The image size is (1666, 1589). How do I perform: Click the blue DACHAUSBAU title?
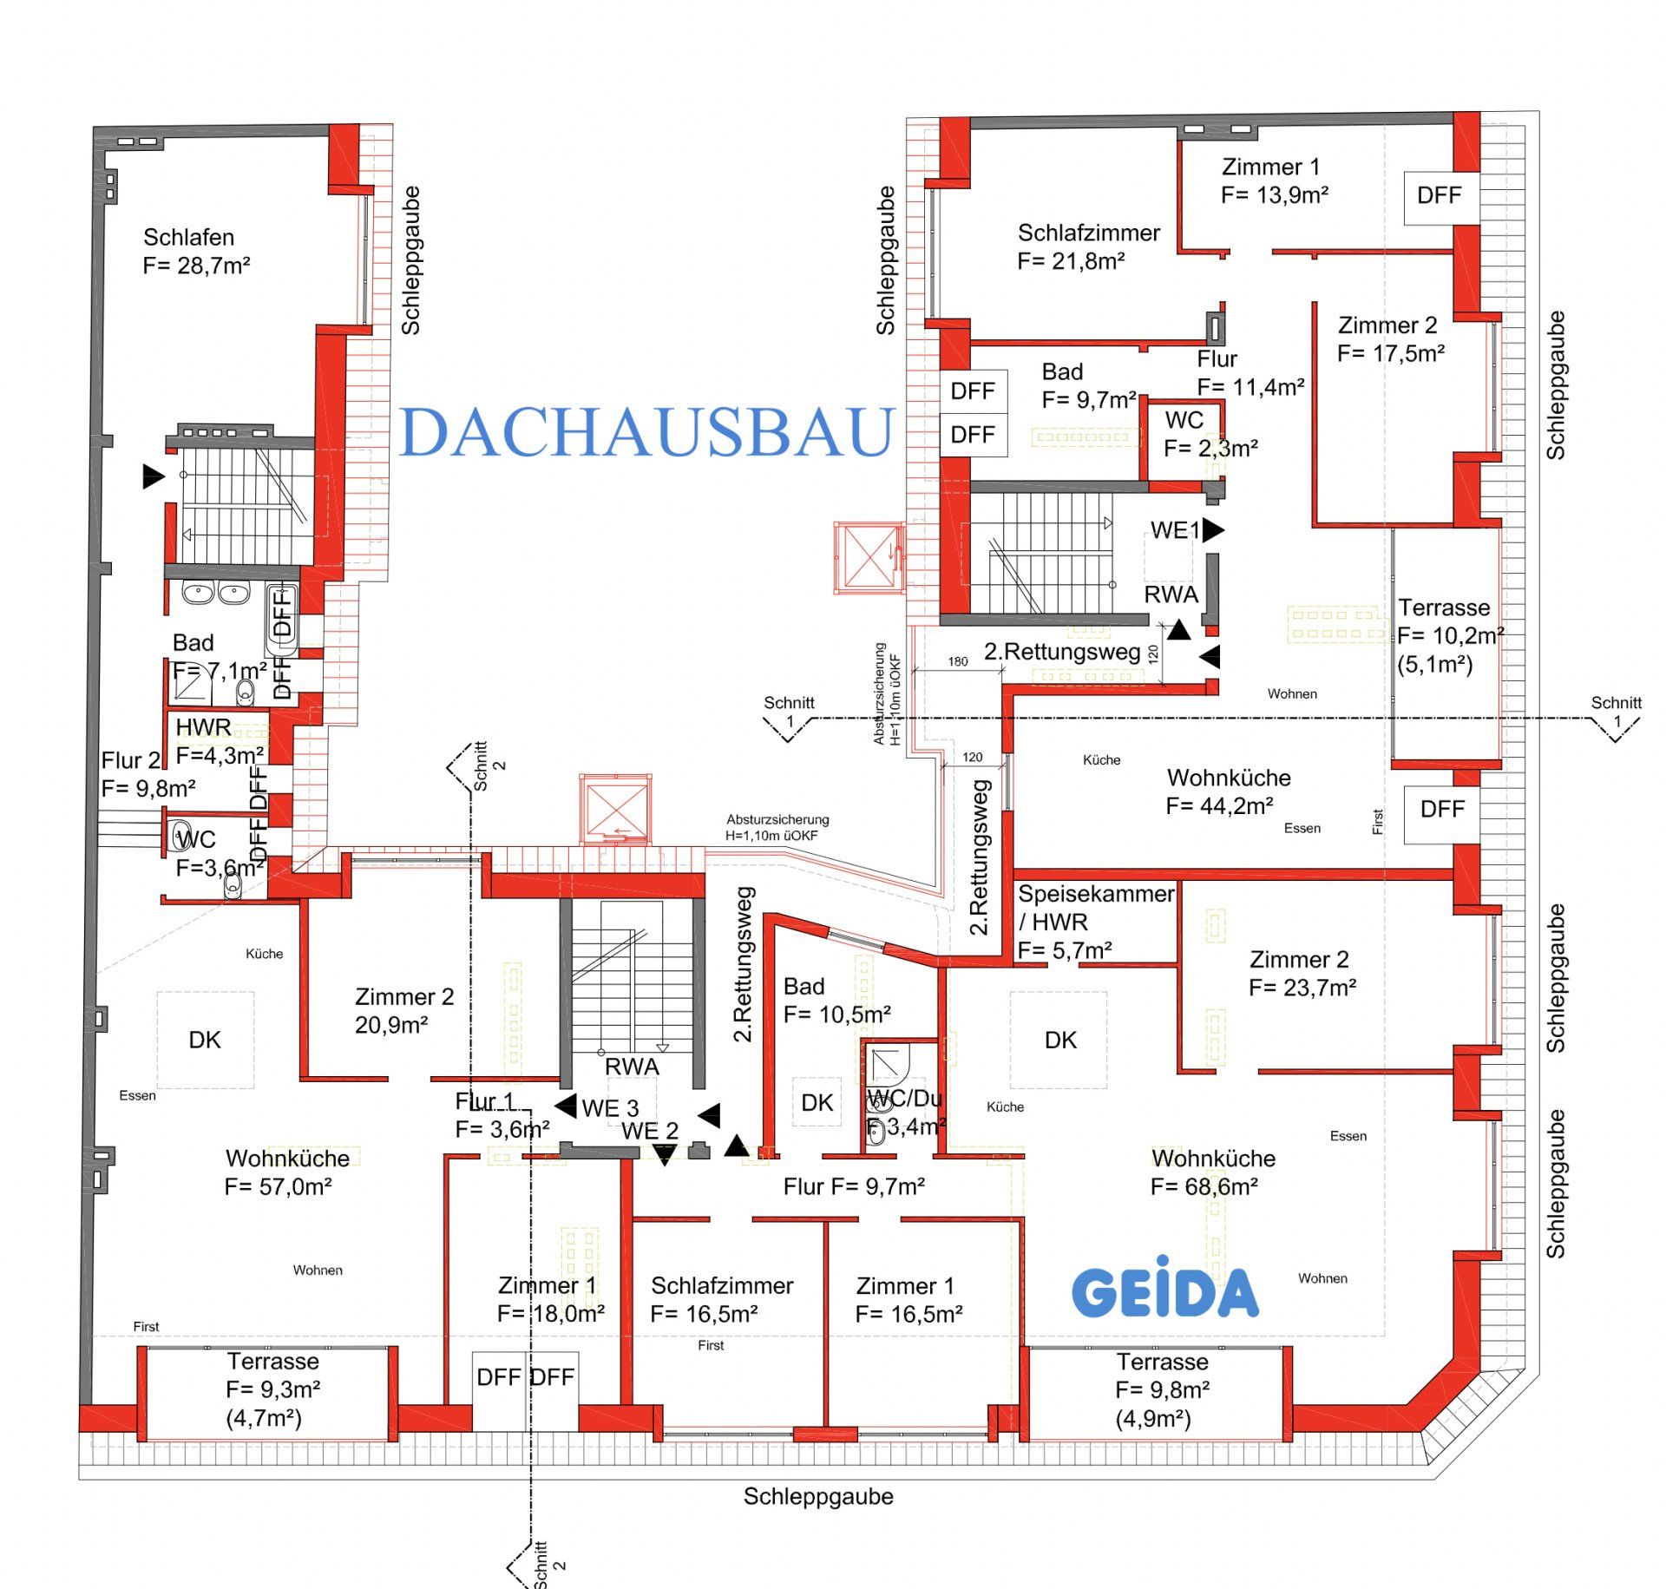[646, 431]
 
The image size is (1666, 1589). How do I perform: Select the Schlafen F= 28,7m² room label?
[196, 251]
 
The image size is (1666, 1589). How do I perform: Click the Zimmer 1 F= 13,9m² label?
[1274, 181]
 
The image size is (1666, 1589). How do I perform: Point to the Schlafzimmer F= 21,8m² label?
[1088, 246]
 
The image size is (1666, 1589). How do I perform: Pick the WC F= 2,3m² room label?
[1210, 434]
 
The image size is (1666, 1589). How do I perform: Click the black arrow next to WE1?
[1213, 529]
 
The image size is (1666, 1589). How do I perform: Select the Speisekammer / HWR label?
[1095, 922]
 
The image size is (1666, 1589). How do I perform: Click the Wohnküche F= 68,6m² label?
[1212, 1172]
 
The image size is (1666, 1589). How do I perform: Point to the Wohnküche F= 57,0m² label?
[286, 1172]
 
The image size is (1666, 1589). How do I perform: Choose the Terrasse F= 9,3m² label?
[272, 1389]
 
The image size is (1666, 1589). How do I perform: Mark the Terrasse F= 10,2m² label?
[1449, 635]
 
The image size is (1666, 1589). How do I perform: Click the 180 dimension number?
[957, 661]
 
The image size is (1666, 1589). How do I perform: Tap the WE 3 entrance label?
[609, 1108]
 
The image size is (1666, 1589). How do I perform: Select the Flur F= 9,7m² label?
[854, 1186]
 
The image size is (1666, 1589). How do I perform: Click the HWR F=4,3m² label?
[219, 740]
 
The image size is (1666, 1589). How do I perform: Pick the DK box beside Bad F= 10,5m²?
[817, 1103]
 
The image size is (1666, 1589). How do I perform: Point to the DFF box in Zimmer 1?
[1440, 195]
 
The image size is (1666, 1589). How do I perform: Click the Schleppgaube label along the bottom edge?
[817, 1497]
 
